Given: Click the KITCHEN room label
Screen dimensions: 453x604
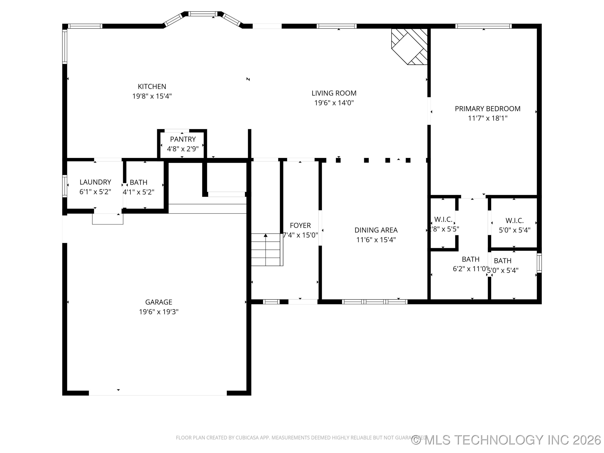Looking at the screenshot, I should click(152, 87).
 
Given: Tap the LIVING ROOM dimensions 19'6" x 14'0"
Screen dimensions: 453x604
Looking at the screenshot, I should click(334, 103).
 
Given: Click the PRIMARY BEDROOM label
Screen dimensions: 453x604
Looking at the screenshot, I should click(487, 109).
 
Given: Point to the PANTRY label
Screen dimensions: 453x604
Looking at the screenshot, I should click(183, 139).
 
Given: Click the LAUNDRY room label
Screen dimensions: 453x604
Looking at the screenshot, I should click(95, 182).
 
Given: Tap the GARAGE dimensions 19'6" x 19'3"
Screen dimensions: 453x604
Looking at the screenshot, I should click(158, 312).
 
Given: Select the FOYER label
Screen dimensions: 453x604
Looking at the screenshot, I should click(300, 225).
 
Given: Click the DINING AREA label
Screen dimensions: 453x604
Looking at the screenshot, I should click(376, 230).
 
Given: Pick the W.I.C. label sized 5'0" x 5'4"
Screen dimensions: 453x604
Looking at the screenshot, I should click(514, 221).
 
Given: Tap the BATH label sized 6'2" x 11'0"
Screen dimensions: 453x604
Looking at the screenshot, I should click(470, 259).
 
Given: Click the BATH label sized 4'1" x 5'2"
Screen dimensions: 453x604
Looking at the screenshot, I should click(138, 182).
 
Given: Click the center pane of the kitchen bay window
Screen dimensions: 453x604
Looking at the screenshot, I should click(203, 14).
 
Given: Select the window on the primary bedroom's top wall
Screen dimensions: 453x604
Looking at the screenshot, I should click(483, 26).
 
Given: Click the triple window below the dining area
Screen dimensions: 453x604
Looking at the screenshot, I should click(375, 302).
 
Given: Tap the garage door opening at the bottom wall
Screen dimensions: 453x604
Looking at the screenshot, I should click(158, 393).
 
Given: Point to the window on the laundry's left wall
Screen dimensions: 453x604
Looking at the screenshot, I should click(65, 186).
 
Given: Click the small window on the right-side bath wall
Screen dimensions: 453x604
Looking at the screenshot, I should click(539, 263).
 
